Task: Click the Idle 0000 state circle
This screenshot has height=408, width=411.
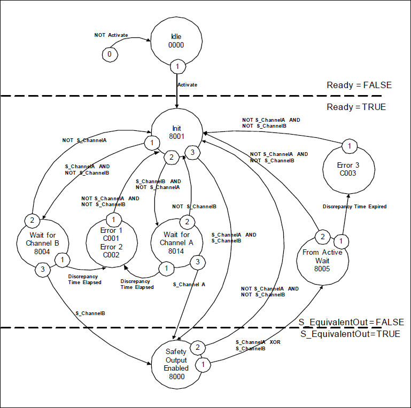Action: click(176, 41)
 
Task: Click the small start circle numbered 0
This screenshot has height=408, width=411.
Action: click(110, 54)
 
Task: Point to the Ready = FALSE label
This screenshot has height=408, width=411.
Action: click(359, 85)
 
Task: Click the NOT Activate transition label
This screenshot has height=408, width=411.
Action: click(111, 35)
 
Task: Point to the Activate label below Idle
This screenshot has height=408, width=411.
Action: click(187, 84)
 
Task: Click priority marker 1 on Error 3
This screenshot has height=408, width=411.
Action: click(348, 146)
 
